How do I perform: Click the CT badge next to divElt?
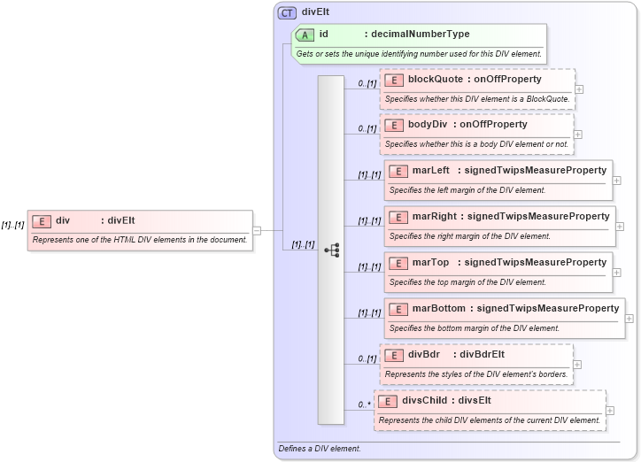pyautogui.click(x=288, y=13)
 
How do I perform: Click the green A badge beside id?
pyautogui.click(x=305, y=35)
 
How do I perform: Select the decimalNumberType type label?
pyautogui.click(x=420, y=35)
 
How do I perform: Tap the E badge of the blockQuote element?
pyautogui.click(x=394, y=80)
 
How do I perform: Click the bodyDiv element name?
pyautogui.click(x=431, y=125)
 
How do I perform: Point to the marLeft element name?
pyautogui.click(x=431, y=170)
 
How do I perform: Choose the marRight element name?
pyautogui.click(x=435, y=216)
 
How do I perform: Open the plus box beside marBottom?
pyautogui.click(x=629, y=318)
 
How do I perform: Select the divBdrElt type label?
pyautogui.click(x=483, y=354)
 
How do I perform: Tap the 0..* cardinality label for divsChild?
pyautogui.click(x=362, y=405)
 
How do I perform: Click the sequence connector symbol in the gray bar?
pyautogui.click(x=331, y=250)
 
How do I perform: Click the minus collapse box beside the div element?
pyautogui.click(x=257, y=230)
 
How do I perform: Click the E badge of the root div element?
pyautogui.click(x=41, y=220)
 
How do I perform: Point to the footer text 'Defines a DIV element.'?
pyautogui.click(x=320, y=449)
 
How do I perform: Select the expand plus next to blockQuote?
pyautogui.click(x=579, y=89)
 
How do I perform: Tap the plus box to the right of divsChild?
pyautogui.click(x=611, y=411)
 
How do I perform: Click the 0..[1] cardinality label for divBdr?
pyautogui.click(x=367, y=359)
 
